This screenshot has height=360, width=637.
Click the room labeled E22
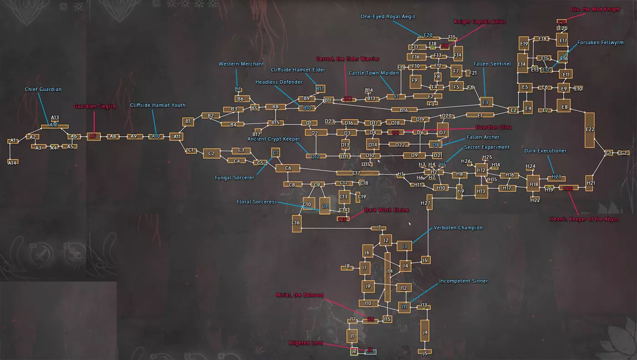590,130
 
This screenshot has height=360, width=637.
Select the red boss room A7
93,136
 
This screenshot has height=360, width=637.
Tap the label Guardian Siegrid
95,106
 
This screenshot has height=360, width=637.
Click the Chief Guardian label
43,90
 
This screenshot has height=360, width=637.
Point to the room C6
288,168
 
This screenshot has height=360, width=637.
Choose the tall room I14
388,276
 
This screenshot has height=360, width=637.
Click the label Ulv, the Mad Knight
595,10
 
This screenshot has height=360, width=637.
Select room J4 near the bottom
425,333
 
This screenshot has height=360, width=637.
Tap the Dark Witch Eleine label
386,210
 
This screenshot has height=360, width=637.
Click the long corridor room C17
358,173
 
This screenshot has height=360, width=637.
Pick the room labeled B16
404,110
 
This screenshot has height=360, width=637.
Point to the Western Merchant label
241,64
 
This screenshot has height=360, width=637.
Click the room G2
623,153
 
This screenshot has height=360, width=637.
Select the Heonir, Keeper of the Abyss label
584,219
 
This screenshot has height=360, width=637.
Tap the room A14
13,162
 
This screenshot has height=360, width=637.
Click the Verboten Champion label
458,228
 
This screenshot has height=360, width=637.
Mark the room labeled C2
211,154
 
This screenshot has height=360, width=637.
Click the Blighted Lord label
305,343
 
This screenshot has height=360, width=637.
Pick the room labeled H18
533,184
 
